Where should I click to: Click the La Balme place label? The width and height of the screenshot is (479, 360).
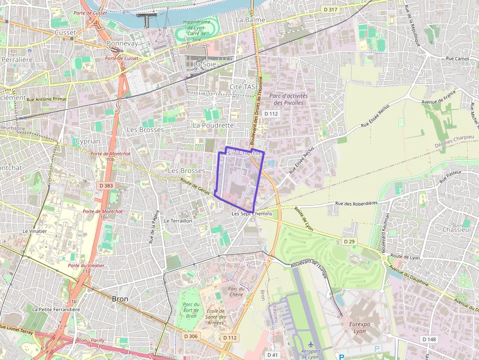point(250,20)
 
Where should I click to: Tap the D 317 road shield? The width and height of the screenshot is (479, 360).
point(331,9)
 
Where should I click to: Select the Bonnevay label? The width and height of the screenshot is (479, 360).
point(122,43)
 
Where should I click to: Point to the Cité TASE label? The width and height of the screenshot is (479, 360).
point(244,86)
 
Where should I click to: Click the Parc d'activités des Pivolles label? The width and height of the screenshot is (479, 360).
point(288,99)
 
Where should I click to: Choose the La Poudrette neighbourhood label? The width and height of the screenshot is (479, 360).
point(214,125)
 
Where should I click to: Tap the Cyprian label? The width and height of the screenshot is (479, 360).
point(88,141)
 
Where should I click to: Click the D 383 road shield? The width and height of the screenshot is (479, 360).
point(106,186)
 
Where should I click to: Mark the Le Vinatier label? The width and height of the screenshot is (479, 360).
point(35,231)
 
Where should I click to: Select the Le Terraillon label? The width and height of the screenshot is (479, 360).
point(178,221)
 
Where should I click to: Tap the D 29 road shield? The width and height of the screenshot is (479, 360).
point(349,241)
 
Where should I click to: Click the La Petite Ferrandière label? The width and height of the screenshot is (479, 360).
point(56,309)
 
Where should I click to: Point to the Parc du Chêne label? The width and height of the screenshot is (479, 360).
point(236,292)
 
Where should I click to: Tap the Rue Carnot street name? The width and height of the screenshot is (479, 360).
point(457,58)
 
